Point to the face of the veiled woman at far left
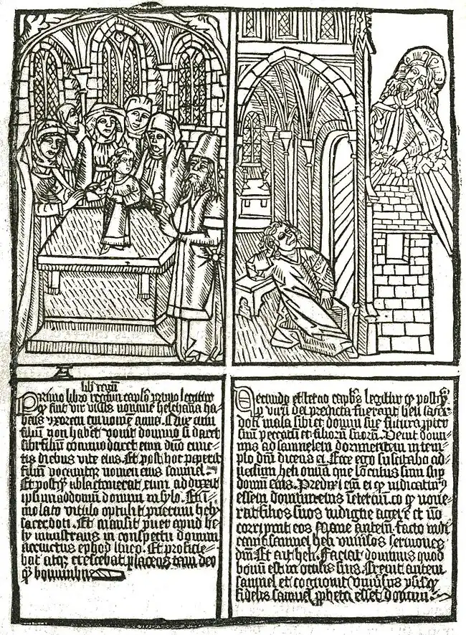(x=49, y=144)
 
